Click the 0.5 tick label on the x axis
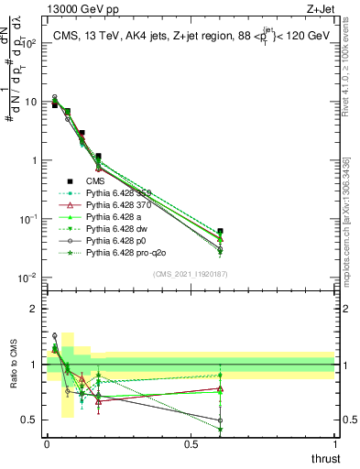[191, 443]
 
